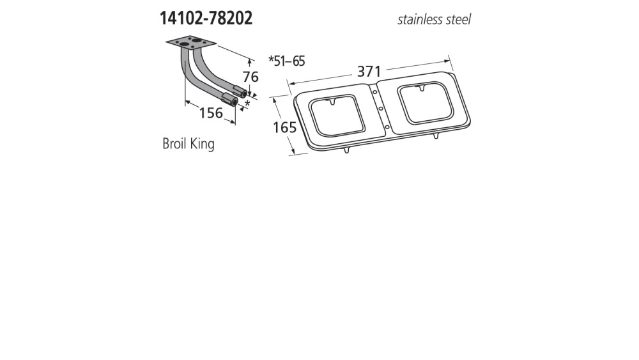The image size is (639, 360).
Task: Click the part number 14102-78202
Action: [206, 18]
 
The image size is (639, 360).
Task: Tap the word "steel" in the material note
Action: [459, 19]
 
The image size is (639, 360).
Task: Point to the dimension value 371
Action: [369, 72]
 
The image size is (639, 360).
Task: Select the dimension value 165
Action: [284, 127]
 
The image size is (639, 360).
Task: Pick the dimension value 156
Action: [211, 113]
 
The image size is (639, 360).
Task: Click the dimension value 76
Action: [250, 77]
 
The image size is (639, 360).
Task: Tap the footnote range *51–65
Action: [286, 61]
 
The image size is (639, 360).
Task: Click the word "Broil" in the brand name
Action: [174, 143]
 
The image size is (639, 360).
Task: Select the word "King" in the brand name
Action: [202, 144]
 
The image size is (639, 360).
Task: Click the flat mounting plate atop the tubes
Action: [191, 44]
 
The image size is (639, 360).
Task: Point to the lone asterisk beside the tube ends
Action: [247, 104]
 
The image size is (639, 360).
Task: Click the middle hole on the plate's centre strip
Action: [380, 109]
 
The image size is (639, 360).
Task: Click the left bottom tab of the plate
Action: [346, 150]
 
